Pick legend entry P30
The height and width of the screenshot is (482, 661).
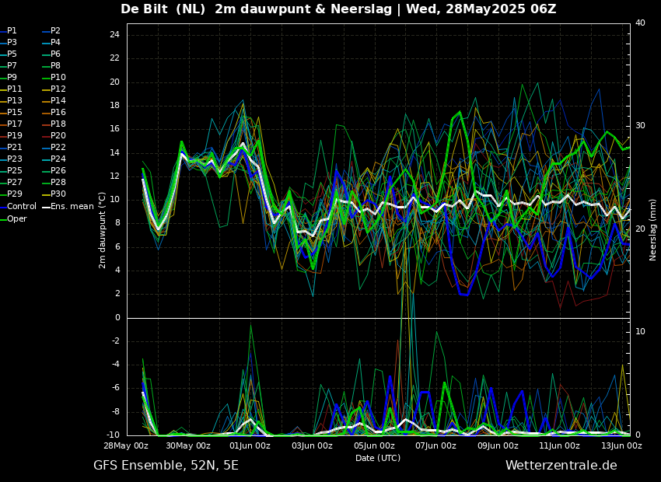tap(58, 194)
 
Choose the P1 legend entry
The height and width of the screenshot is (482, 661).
tap(12, 31)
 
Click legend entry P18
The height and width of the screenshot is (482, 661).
tap(58, 124)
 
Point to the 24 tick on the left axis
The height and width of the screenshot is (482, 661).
tap(114, 35)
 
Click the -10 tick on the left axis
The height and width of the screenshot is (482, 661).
tap(113, 435)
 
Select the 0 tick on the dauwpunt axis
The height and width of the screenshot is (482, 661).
tap(117, 317)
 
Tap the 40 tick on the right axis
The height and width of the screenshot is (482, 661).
tap(640, 23)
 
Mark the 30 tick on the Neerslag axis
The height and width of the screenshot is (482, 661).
tap(640, 126)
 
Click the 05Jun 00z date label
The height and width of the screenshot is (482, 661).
tap(374, 446)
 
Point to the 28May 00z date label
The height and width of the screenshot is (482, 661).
tap(126, 446)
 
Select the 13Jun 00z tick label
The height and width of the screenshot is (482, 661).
tap(621, 446)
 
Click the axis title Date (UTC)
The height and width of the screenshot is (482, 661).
tap(378, 458)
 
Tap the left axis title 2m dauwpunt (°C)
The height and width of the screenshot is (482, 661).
tap(102, 230)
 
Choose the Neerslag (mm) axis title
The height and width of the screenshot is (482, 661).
tap(653, 229)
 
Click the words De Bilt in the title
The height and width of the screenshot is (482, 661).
tap(147, 9)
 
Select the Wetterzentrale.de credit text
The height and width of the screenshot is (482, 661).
tap(561, 466)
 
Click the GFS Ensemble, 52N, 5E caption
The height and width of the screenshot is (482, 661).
tap(166, 466)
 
